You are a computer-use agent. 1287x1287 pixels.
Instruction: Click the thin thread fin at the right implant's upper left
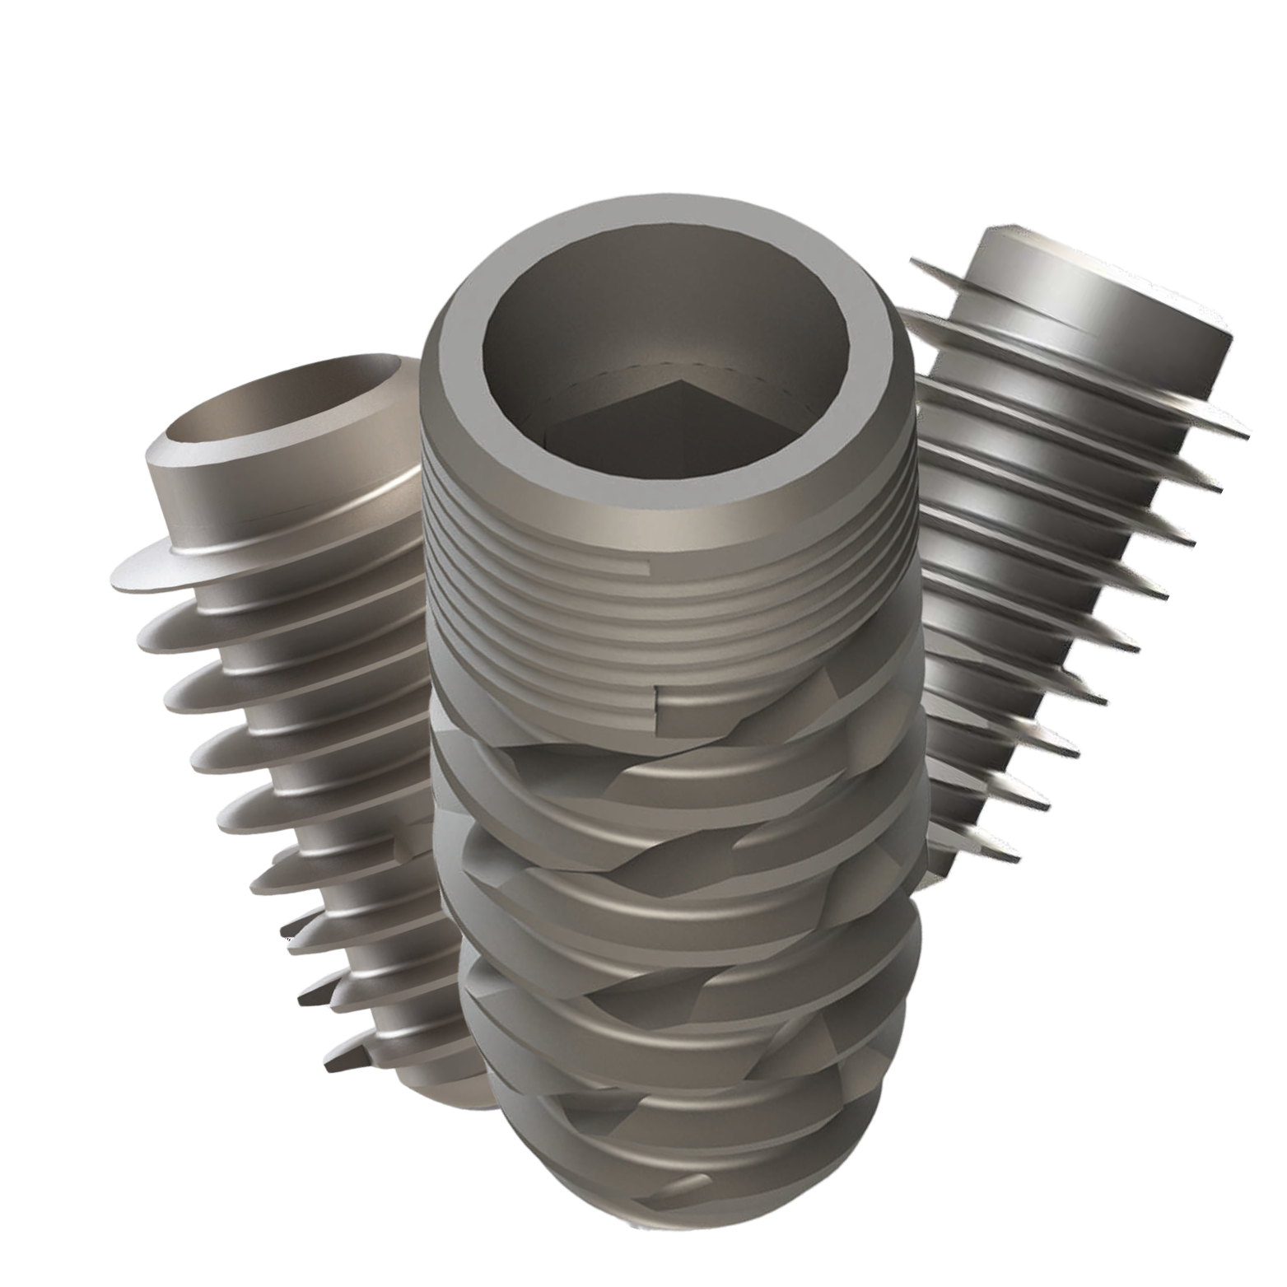click(922, 268)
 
